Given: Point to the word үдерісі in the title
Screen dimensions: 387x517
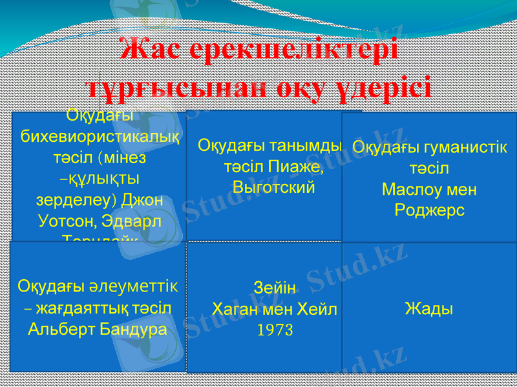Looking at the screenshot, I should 385,86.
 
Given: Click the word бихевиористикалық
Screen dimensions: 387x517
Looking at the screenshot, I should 100,137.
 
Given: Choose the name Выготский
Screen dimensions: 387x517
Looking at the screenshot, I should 273,188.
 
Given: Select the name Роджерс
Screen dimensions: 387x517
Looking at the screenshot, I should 430,210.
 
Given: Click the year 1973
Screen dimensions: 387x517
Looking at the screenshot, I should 275,331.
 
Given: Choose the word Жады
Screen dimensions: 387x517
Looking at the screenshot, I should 429,308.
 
